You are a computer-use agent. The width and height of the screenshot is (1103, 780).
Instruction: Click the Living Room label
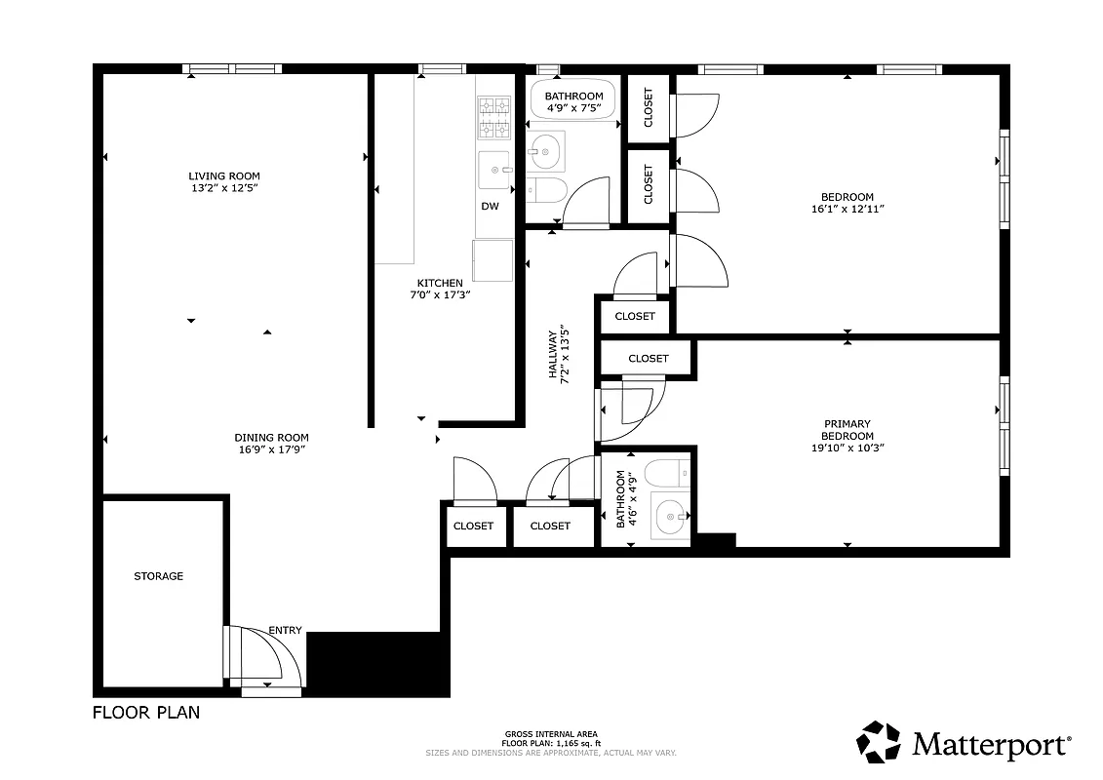tap(224, 175)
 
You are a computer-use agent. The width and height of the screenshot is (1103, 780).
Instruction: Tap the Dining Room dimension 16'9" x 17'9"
tap(271, 449)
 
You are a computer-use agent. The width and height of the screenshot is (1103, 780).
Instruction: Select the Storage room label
tap(158, 576)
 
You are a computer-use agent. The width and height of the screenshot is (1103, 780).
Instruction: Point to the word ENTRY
tap(285, 630)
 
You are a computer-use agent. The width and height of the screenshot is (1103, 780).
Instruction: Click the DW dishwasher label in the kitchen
tap(490, 206)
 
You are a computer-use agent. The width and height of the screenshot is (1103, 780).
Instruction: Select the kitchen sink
tap(494, 171)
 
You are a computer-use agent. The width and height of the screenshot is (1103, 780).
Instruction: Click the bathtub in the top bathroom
tap(573, 102)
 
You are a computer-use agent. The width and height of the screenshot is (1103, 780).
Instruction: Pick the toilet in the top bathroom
tap(546, 188)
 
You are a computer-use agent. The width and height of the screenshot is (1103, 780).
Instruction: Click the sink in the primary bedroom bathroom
tap(670, 517)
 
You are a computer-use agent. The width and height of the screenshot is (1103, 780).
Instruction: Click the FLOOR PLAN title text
tap(146, 713)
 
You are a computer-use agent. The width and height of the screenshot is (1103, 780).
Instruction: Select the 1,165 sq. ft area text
tap(551, 744)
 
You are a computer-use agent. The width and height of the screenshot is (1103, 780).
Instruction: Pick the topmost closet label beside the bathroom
tap(649, 107)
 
